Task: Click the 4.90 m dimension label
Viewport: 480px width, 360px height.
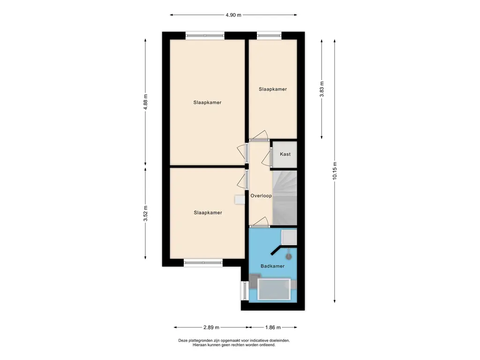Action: pyautogui.click(x=233, y=15)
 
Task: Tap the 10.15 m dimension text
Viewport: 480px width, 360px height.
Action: pyautogui.click(x=335, y=171)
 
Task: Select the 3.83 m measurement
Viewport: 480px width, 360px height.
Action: pyautogui.click(x=322, y=89)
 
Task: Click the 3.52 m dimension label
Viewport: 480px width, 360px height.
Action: pyautogui.click(x=145, y=213)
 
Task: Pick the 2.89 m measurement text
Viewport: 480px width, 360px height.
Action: pyautogui.click(x=211, y=327)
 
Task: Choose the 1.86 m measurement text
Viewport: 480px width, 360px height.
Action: pyautogui.click(x=273, y=327)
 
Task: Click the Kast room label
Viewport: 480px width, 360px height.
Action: pyautogui.click(x=285, y=154)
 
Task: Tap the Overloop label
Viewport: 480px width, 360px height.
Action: pyautogui.click(x=261, y=195)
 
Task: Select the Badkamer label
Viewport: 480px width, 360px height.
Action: pyautogui.click(x=272, y=266)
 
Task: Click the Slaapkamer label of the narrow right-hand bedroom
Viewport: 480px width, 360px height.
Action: pyautogui.click(x=273, y=89)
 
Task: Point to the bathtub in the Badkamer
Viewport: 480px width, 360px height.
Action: pyautogui.click(x=274, y=289)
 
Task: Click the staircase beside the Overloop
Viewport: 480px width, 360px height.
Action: pyautogui.click(x=285, y=198)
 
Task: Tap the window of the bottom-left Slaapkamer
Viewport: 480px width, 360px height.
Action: pyautogui.click(x=203, y=262)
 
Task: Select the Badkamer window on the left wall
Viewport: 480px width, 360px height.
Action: pyautogui.click(x=245, y=291)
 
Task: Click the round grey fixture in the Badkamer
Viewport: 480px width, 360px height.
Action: pyautogui.click(x=289, y=256)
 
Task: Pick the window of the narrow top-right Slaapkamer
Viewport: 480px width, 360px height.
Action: pyautogui.click(x=269, y=36)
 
